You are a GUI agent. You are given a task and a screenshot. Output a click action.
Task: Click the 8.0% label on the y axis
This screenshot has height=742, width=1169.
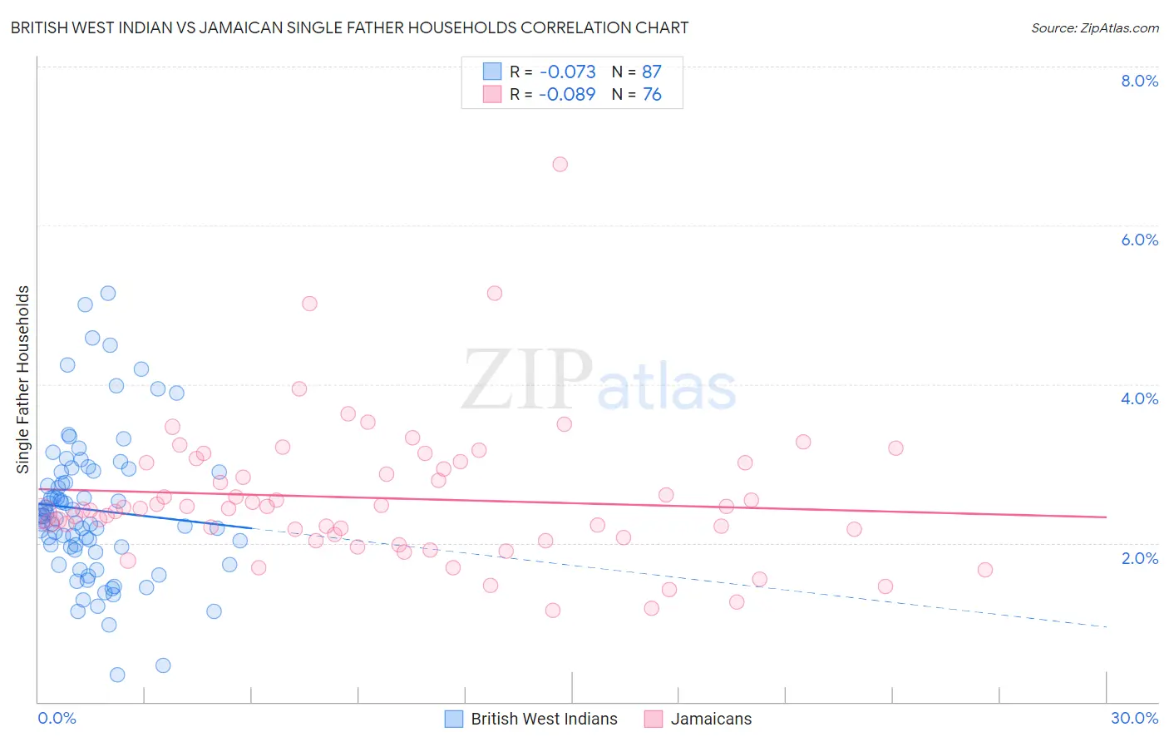1139,81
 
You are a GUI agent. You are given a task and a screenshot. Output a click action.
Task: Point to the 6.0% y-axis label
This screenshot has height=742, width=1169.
1139,240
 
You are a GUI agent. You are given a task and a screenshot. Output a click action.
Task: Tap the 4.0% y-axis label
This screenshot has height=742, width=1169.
1139,398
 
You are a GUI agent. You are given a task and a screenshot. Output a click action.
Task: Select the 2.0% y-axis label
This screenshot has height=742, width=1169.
1139,557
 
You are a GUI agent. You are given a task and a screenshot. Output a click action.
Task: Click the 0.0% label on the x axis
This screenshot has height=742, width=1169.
57,718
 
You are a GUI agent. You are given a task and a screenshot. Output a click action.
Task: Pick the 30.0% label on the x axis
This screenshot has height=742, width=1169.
1134,718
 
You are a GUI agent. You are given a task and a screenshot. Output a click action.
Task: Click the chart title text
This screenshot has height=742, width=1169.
349,27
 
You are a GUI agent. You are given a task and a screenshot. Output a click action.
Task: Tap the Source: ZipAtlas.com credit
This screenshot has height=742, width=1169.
1094,27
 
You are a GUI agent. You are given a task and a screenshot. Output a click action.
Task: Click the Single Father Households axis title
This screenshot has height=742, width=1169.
22,379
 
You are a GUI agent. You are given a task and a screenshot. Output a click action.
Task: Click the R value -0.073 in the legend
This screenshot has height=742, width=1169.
567,72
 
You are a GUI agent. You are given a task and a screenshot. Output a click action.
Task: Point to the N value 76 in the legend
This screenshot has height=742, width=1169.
652,95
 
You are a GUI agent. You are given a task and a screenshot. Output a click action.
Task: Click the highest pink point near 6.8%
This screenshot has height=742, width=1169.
560,164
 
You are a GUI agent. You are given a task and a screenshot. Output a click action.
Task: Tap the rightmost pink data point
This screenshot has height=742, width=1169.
985,570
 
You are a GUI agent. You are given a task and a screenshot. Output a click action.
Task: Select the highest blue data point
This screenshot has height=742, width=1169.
108,293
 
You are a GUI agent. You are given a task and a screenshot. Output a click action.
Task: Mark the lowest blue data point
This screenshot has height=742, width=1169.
117,675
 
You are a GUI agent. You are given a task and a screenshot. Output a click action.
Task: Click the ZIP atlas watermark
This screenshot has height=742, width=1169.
599,381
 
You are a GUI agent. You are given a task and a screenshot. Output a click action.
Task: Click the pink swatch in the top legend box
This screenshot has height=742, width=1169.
492,95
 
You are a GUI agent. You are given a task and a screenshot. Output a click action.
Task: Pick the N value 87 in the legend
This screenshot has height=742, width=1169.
652,72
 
